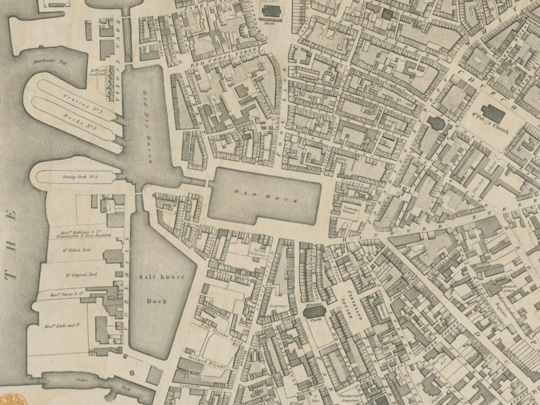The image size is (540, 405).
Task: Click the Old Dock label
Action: pyautogui.click(x=266, y=196)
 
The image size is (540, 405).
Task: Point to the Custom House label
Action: pyautogui.click(x=350, y=210)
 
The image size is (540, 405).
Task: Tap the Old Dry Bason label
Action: pyautogui.click(x=147, y=126)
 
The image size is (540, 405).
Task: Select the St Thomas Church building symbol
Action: pyautogui.click(x=314, y=312)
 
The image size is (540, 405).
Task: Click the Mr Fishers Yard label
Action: pyautogui.click(x=76, y=250)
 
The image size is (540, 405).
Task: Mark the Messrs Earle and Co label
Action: pyautogui.click(x=62, y=325)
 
